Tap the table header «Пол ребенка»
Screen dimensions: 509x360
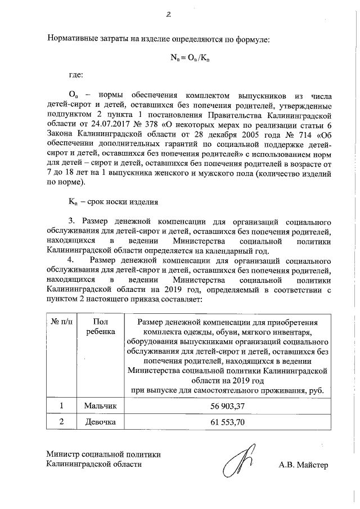point(101,327)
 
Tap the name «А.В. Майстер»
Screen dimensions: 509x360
point(303,465)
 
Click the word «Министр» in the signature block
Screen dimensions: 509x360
point(65,454)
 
